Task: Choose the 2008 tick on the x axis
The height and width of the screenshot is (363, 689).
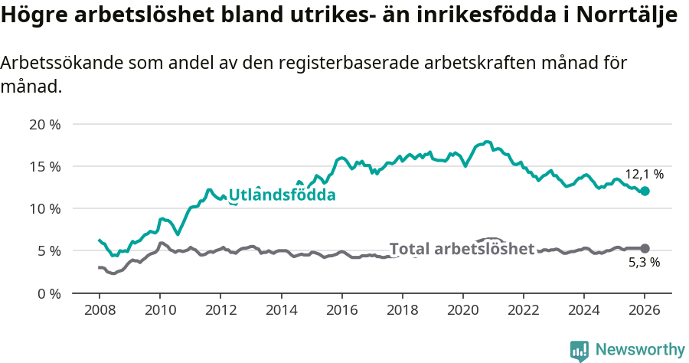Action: [100, 310]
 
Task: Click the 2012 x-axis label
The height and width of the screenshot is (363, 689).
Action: [220, 310]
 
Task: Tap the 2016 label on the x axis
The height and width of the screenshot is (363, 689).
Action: [341, 310]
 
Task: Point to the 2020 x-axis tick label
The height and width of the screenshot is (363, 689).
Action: [462, 310]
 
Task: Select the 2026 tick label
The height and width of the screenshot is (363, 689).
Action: [645, 310]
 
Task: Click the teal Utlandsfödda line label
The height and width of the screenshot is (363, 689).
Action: [282, 195]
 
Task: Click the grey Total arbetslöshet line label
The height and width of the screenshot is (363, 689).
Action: [462, 249]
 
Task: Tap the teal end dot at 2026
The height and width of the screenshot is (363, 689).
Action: [645, 191]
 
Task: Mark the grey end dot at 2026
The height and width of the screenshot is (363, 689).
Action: [645, 248]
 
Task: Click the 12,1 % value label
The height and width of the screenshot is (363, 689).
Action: [644, 175]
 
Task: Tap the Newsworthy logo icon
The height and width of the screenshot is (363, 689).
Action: [580, 351]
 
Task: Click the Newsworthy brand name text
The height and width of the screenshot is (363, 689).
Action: [639, 350]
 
